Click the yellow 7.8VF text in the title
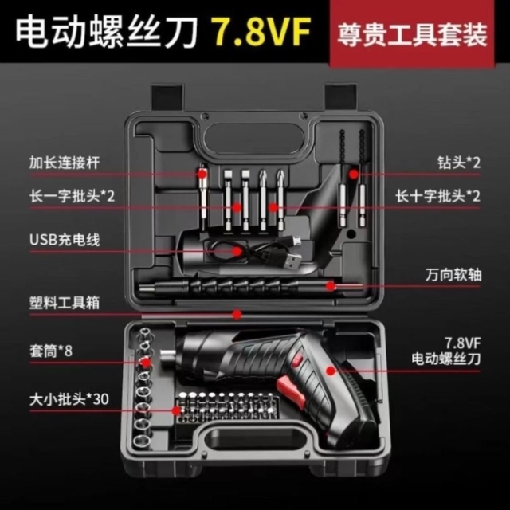click(x=259, y=33)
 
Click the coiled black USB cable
click(x=239, y=249)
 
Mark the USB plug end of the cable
click(x=293, y=260)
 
